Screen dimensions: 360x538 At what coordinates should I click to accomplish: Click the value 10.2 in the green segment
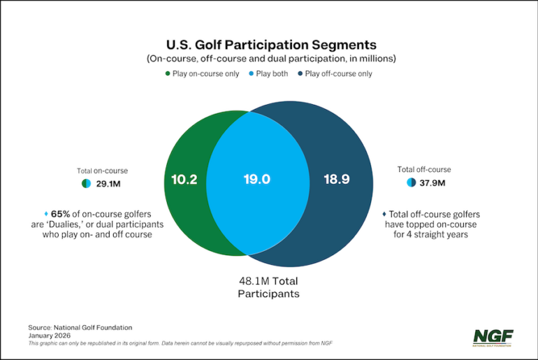pos(184,179)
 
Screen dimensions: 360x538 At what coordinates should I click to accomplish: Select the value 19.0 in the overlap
pos(257,179)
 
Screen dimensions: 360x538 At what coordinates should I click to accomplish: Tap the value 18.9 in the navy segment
pos(337,179)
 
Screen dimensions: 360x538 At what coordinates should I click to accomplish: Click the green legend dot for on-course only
pos(168,73)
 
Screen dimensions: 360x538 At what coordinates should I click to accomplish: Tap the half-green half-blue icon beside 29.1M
pos(86,184)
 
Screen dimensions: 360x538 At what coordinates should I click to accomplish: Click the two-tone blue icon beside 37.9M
pos(412,183)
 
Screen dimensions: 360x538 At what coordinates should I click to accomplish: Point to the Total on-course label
pos(102,171)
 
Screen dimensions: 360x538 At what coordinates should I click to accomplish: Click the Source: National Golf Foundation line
pos(80,327)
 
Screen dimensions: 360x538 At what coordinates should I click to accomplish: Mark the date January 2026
pos(52,336)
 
